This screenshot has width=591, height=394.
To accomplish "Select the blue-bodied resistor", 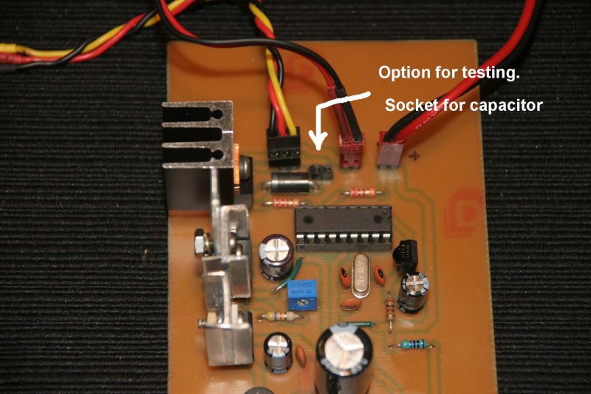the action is point(409,344).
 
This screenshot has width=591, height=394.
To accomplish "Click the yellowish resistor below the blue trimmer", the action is point(281,316).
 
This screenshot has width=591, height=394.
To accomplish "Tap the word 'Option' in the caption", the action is point(402,74).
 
